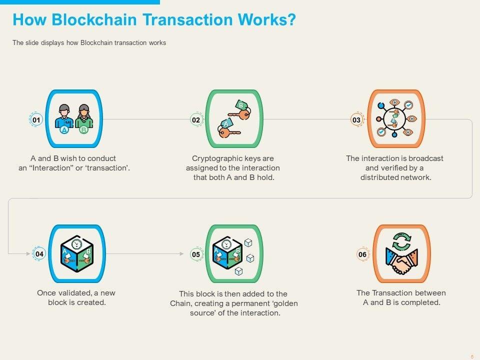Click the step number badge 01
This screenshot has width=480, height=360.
pyautogui.click(x=36, y=120)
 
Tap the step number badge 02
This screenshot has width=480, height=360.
pyautogui.click(x=196, y=120)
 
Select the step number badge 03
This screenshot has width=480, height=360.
pyautogui.click(x=356, y=120)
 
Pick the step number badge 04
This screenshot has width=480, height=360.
pyautogui.click(x=39, y=254)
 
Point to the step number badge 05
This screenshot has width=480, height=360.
pyautogui.click(x=196, y=254)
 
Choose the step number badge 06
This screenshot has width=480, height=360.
pyautogui.click(x=362, y=254)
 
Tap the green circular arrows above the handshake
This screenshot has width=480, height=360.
pyautogui.click(x=401, y=241)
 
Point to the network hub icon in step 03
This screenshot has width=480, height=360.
pyautogui.click(x=395, y=119)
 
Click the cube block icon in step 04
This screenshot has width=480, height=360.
pyautogui.click(x=77, y=254)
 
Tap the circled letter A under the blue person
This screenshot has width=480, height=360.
pyautogui.click(x=64, y=130)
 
